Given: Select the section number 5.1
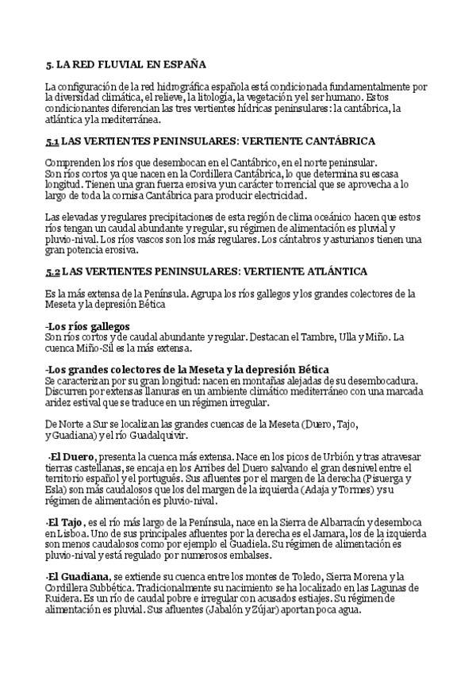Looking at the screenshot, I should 52,141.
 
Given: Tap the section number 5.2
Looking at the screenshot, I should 52,271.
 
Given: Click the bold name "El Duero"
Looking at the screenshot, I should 73,458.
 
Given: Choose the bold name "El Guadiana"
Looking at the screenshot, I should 79,575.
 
